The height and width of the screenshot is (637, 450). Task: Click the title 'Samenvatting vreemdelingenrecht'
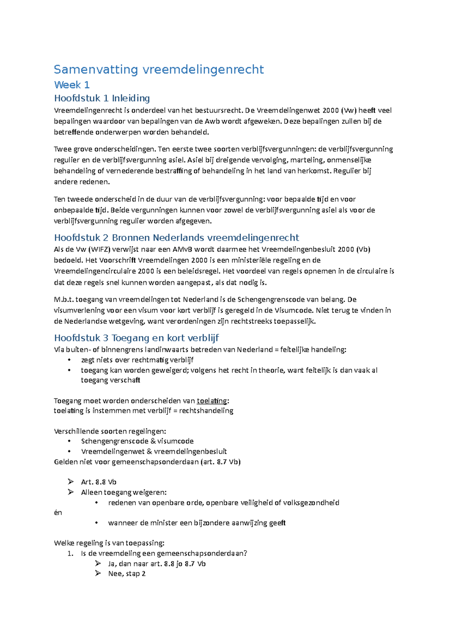click(x=159, y=69)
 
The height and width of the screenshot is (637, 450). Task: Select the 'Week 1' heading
click(x=72, y=85)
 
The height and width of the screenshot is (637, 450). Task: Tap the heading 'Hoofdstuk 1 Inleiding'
click(x=102, y=98)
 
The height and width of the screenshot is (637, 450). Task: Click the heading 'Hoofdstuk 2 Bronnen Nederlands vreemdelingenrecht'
click(x=176, y=237)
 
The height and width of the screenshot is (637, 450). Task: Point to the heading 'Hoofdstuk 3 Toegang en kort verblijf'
click(x=136, y=338)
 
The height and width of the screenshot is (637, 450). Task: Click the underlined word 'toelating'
click(x=212, y=401)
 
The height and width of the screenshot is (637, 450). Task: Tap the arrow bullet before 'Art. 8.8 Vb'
click(x=70, y=482)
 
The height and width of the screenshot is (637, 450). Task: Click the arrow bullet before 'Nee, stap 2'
click(x=98, y=573)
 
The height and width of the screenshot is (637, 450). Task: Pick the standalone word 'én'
click(x=58, y=512)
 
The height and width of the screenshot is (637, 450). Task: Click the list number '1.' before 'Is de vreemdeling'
click(x=70, y=553)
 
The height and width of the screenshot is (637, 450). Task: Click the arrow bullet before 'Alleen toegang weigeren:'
click(x=70, y=492)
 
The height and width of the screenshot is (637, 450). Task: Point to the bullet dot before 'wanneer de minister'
click(x=96, y=523)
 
